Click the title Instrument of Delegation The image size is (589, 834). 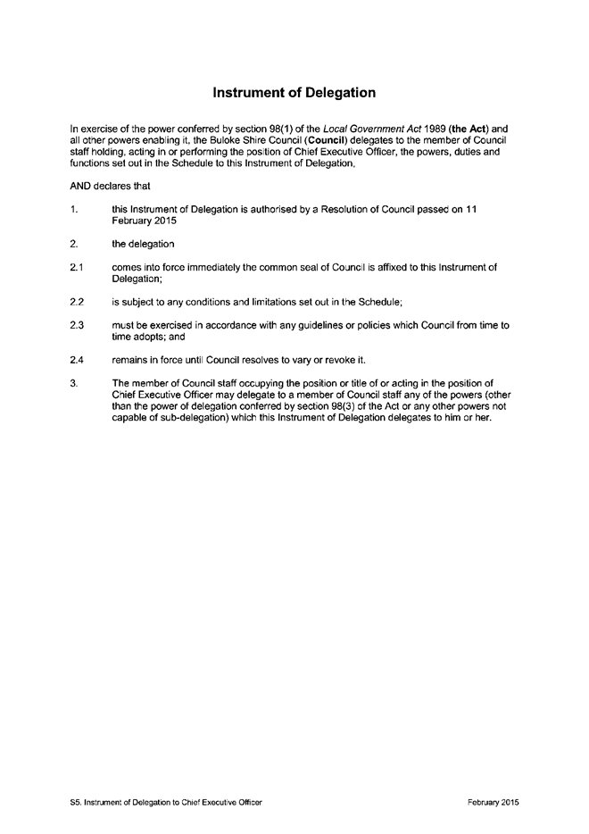pyautogui.click(x=294, y=92)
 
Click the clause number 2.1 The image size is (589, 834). pyautogui.click(x=76, y=267)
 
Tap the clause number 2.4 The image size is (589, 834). pyautogui.click(x=76, y=359)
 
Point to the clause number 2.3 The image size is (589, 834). pyautogui.click(x=76, y=325)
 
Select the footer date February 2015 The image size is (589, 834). pyautogui.click(x=493, y=803)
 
